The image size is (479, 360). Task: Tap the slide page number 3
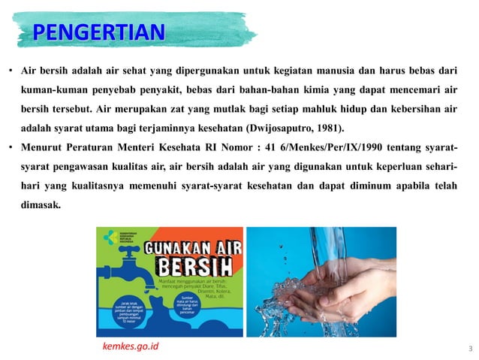pyautogui.click(x=469, y=349)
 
